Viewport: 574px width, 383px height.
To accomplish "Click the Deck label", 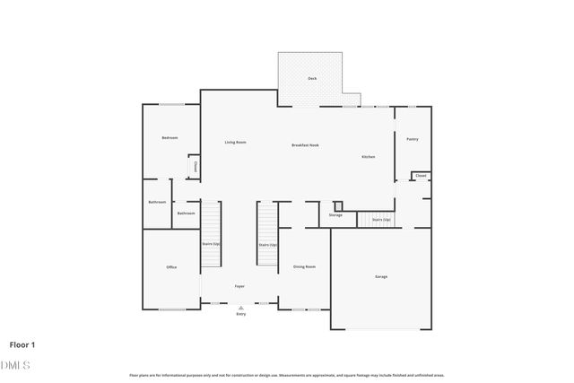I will pos(312,79).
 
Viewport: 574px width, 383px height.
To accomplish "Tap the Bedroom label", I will pos(170,138).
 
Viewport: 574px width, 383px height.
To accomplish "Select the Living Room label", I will pos(235,143).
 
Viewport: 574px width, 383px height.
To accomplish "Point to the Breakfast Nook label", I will pos(305,145).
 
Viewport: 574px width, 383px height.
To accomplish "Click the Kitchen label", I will pos(368,157).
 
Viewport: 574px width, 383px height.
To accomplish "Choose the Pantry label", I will pos(412,139).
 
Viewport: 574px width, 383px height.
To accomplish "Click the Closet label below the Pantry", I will pos(421,176).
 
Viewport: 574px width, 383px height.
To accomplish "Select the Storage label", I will pos(335,215).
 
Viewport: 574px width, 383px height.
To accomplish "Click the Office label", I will pos(171,267).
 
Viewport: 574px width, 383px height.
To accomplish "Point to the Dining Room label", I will pos(304,266).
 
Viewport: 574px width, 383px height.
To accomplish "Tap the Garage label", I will pos(381,276).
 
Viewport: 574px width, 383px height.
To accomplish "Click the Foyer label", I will pos(239,286).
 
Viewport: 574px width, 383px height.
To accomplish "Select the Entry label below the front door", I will pos(240,315).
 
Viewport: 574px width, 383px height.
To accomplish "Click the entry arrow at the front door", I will pos(240,308).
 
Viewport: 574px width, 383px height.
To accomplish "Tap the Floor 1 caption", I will pos(23,344).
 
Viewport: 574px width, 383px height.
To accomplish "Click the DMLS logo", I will pos(16,365).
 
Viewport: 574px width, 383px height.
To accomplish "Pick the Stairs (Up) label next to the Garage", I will pos(380,219).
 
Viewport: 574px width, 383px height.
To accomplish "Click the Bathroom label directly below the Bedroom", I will pos(157,202).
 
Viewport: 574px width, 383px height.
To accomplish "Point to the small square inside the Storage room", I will pos(337,205).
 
